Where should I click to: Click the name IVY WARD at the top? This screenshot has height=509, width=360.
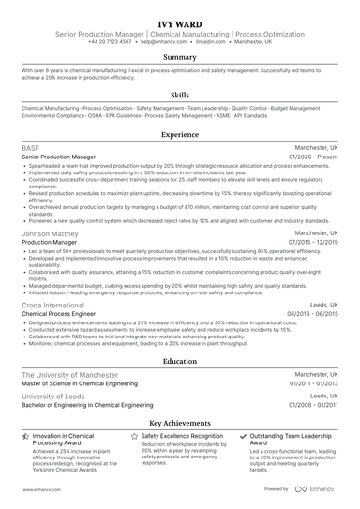coord(180,20)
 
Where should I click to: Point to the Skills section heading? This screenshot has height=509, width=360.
coord(180,95)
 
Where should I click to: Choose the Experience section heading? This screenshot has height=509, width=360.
coord(180,135)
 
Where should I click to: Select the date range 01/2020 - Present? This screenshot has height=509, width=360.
coord(314,157)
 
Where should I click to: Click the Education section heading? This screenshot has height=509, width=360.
coord(180,360)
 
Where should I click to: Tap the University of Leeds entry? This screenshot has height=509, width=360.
coord(55,397)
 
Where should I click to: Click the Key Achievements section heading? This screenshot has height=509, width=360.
coord(180,423)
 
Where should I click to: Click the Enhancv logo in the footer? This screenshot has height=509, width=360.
coord(318,488)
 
